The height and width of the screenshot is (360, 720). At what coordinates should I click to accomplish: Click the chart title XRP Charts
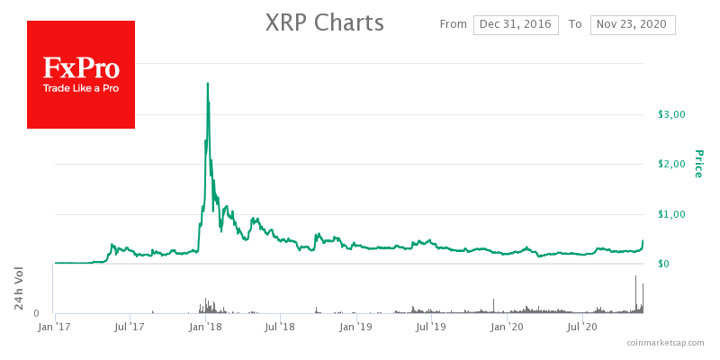click(325, 22)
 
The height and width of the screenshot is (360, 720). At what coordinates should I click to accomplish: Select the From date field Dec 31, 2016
click(516, 24)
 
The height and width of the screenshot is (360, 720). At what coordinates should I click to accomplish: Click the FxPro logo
click(81, 74)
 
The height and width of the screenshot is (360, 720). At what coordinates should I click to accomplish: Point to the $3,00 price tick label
click(672, 114)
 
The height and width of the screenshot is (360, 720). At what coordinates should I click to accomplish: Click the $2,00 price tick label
click(672, 164)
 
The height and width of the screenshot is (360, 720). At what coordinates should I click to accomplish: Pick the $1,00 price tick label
click(672, 214)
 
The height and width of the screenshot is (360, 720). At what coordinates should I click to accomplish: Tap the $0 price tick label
click(664, 264)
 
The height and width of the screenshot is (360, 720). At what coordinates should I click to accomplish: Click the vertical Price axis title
click(697, 163)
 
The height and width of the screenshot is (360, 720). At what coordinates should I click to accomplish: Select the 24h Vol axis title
click(19, 289)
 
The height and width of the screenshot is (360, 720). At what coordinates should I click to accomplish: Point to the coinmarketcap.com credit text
click(668, 343)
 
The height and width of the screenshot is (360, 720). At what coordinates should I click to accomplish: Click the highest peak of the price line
click(208, 83)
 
